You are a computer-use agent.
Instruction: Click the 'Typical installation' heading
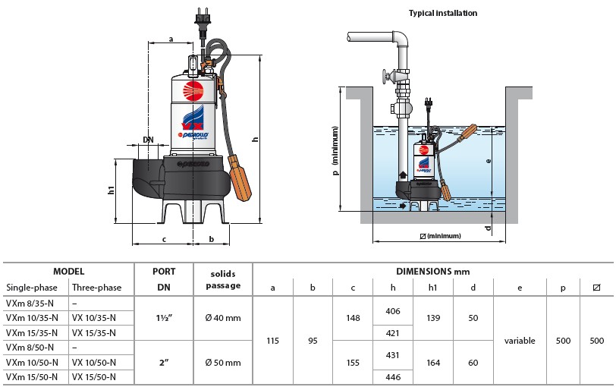[443, 13]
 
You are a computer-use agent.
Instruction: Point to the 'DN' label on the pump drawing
[148, 140]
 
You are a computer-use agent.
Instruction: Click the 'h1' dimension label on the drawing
[111, 191]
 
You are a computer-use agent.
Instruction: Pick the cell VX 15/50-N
[94, 377]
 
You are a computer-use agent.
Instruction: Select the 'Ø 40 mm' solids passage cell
[223, 318]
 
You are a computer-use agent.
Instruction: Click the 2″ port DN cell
[164, 362]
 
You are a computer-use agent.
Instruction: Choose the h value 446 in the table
[392, 377]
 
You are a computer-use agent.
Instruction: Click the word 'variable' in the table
[520, 341]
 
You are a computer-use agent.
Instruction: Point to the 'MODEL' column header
[68, 271]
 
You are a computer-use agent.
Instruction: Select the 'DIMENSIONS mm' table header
[432, 271]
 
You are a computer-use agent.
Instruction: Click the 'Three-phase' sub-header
[96, 288]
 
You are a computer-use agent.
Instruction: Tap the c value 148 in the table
[353, 318]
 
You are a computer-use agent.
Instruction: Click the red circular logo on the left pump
[193, 92]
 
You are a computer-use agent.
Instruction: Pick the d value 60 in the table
[473, 362]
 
